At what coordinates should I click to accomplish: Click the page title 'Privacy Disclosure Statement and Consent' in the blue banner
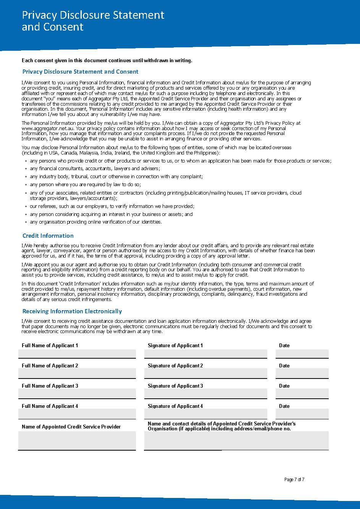[x=93, y=21]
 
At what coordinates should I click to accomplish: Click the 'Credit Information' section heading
[x=48, y=235]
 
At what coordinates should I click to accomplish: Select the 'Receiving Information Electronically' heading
[x=72, y=311]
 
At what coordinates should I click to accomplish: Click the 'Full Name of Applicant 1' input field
[x=77, y=354]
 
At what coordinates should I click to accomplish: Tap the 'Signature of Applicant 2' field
[x=205, y=374]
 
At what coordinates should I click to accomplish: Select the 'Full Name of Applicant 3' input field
[x=77, y=394]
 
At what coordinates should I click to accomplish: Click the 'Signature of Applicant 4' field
[x=205, y=414]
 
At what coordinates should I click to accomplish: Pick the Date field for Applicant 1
[x=302, y=354]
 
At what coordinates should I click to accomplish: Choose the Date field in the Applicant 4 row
[x=302, y=414]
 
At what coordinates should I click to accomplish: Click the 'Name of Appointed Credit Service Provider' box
[x=77, y=440]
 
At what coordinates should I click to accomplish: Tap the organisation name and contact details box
[x=236, y=440]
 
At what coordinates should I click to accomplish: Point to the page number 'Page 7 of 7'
[x=294, y=480]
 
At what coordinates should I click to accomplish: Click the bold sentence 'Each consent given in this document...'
[x=107, y=60]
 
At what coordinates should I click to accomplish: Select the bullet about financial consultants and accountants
[x=95, y=168]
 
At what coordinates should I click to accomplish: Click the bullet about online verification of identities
[x=96, y=222]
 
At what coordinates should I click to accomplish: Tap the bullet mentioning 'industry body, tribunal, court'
[x=116, y=176]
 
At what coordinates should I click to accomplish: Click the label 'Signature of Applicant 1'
[x=175, y=345]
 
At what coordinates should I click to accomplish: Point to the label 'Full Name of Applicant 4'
[x=50, y=406]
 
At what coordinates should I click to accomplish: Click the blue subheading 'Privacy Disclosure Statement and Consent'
[x=80, y=71]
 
